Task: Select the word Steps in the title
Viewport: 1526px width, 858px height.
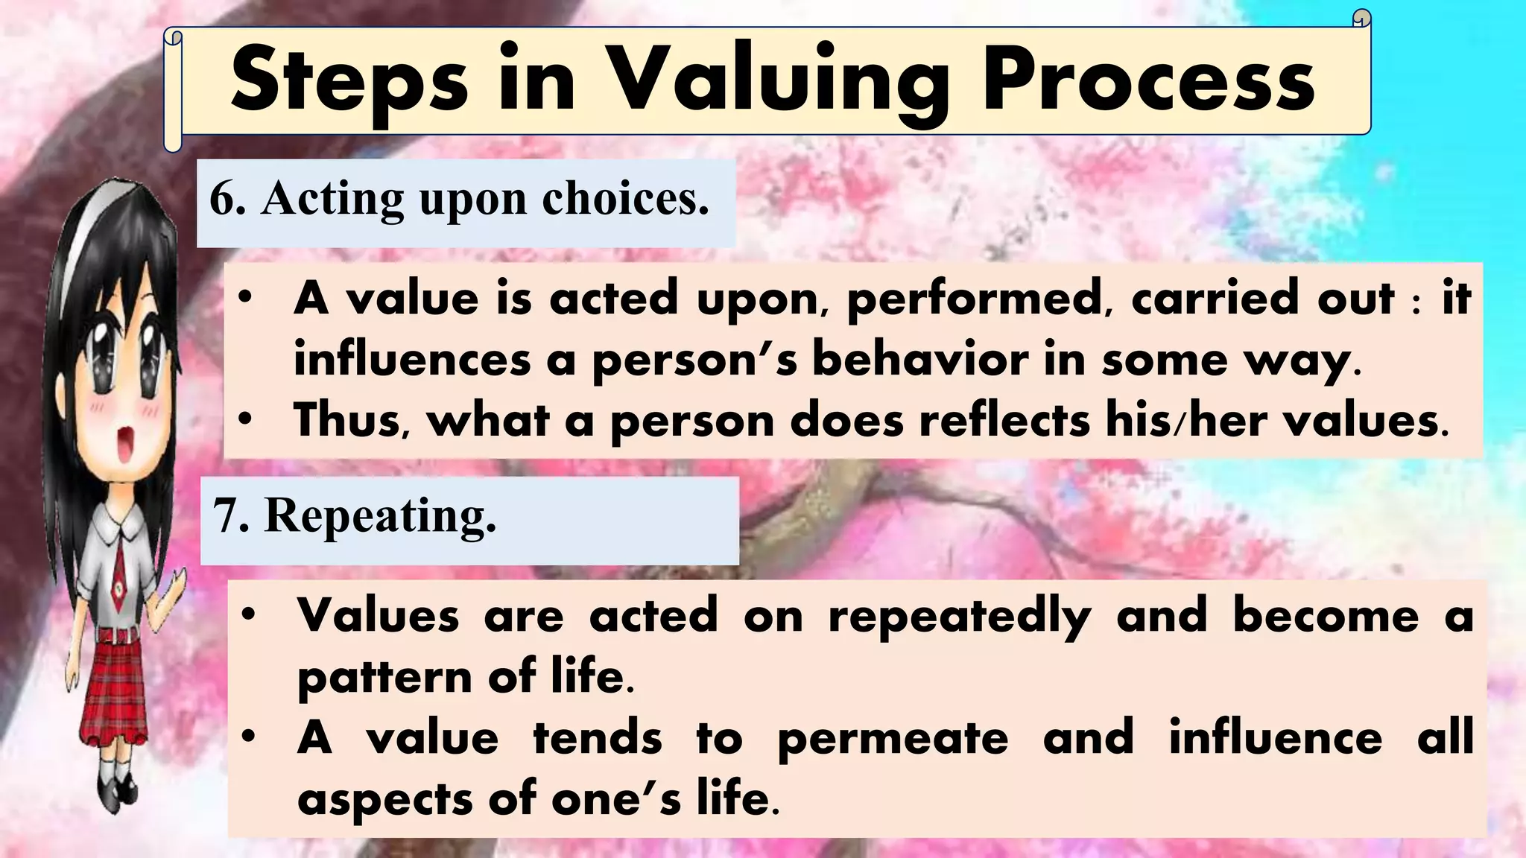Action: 349,82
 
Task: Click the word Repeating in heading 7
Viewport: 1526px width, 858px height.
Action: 380,516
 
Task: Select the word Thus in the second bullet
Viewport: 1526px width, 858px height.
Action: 350,420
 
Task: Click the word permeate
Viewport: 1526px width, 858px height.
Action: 893,739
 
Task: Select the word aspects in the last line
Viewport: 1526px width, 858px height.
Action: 384,800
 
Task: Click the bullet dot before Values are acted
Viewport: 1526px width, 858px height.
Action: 250,615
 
